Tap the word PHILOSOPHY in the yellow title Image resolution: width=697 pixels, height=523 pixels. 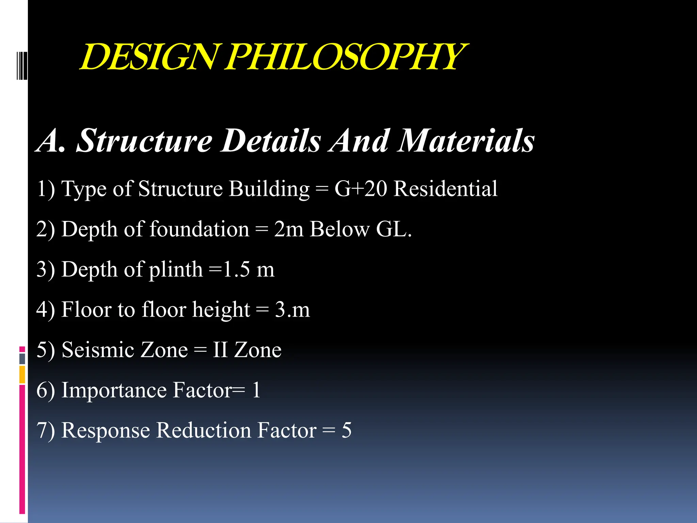[x=345, y=57]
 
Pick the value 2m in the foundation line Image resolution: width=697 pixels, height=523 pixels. [x=289, y=229]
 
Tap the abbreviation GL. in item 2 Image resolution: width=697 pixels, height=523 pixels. [x=394, y=229]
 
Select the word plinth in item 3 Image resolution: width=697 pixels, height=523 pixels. [x=176, y=270]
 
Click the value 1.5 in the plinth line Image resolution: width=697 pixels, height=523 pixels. [x=236, y=269]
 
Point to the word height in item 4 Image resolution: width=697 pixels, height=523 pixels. [x=221, y=310]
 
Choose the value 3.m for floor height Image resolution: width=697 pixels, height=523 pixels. [x=292, y=310]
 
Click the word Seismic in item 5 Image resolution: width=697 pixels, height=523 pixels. [x=125, y=350]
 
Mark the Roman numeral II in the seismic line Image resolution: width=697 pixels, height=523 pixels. [x=220, y=350]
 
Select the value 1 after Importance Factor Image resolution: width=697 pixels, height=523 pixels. [x=256, y=390]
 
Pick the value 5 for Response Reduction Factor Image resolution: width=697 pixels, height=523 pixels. [x=346, y=430]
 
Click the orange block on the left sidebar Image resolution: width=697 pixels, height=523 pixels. [x=22, y=375]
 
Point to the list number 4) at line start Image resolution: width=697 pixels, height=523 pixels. [x=46, y=310]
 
